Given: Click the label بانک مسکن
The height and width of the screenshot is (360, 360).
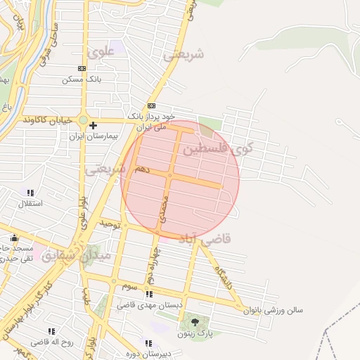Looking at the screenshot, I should click(x=82, y=79).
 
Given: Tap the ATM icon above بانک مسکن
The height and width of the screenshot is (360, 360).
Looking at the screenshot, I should click(x=82, y=69).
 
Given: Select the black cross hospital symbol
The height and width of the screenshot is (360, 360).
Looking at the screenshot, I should click(x=93, y=125).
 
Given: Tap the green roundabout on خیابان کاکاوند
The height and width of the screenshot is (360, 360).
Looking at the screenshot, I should click(x=83, y=120).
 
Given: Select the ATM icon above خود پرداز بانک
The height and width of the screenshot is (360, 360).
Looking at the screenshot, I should click(x=150, y=104).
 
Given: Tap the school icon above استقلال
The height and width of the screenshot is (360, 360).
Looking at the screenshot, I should click(x=30, y=193).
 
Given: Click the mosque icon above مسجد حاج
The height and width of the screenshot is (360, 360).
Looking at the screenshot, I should click(x=15, y=238).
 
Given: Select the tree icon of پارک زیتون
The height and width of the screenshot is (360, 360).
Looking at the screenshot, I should click(x=193, y=322).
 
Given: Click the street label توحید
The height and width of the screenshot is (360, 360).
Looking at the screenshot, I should click(x=111, y=225).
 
